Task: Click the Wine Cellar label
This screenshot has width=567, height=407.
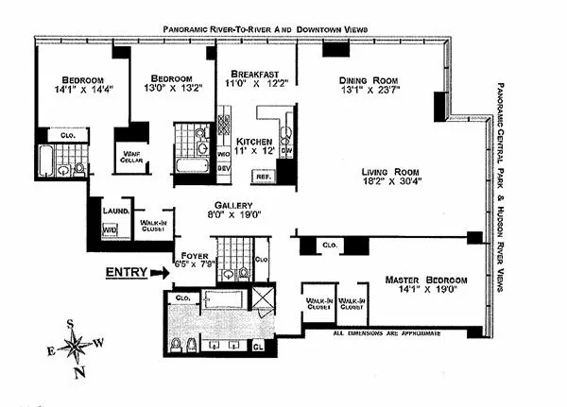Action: tap(129, 160)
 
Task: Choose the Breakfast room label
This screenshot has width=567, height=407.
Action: tap(249, 70)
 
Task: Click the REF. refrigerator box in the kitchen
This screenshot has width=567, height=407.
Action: tap(261, 176)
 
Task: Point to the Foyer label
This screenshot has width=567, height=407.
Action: tap(193, 253)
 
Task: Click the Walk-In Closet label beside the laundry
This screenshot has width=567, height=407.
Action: tap(152, 224)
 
